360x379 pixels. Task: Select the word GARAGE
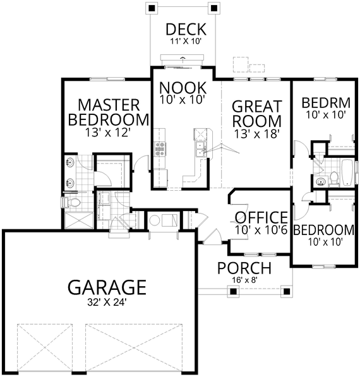(107, 287)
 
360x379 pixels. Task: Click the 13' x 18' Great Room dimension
(256, 133)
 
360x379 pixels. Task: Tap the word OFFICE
(261, 218)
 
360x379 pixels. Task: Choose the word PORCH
(244, 268)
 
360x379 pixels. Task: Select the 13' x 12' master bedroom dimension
(109, 133)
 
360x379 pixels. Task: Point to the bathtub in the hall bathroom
(347, 173)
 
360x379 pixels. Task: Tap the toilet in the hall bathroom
(333, 176)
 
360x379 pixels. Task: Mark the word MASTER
(109, 104)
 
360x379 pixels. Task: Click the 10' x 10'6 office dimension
(261, 231)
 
